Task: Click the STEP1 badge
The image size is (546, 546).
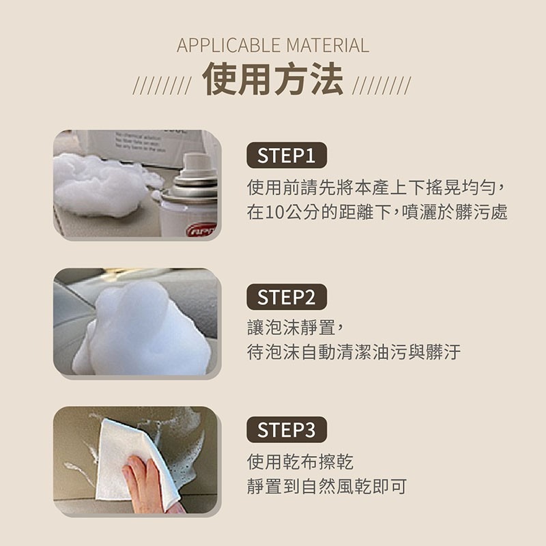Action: pyautogui.click(x=287, y=156)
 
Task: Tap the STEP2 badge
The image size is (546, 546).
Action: pyautogui.click(x=287, y=297)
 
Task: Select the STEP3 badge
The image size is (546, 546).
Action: pyautogui.click(x=287, y=430)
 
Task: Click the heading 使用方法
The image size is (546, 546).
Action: pyautogui.click(x=272, y=78)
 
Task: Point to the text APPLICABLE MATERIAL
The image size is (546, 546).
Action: pyautogui.click(x=273, y=45)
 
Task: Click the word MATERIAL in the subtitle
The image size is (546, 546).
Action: pyautogui.click(x=328, y=45)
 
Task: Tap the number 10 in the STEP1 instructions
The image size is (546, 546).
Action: pyautogui.click(x=276, y=212)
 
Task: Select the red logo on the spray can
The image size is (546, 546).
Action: pyautogui.click(x=202, y=230)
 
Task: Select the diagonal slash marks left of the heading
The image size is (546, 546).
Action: pyautogui.click(x=162, y=86)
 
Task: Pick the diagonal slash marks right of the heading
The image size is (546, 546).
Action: pyautogui.click(x=382, y=86)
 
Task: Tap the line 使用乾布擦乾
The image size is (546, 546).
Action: pyautogui.click(x=300, y=462)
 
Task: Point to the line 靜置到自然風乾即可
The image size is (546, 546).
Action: pyautogui.click(x=327, y=487)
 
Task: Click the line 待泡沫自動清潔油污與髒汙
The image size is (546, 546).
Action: pyautogui.click(x=354, y=352)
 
